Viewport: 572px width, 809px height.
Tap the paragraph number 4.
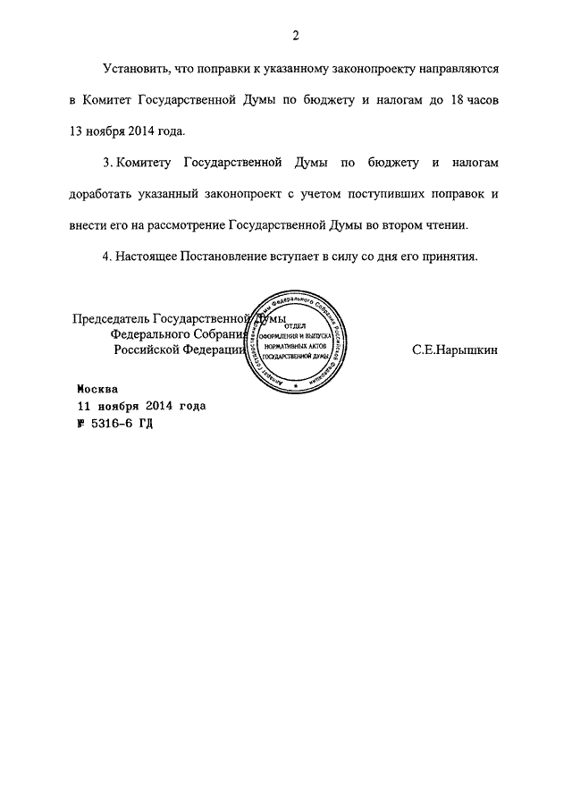107,257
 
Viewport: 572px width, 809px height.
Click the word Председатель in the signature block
111,319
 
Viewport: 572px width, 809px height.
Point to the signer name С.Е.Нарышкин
456,350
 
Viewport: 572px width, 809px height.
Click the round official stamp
294,341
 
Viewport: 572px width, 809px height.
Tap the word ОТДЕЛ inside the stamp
294,324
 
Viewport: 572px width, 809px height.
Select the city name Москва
96,390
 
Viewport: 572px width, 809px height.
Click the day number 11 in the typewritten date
84,406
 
